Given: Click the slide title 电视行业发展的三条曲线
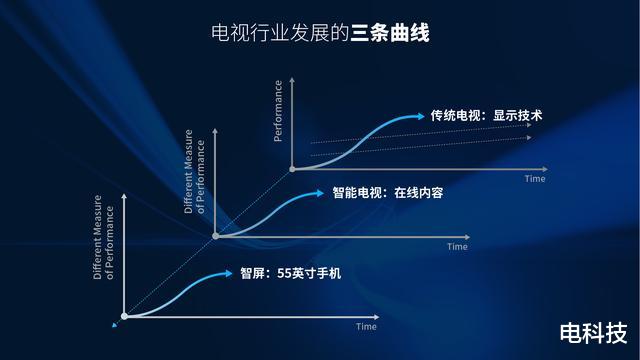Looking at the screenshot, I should pyautogui.click(x=320, y=33).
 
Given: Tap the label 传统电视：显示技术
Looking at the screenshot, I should pyautogui.click(x=486, y=116).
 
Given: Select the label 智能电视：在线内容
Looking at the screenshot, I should pyautogui.click(x=387, y=192).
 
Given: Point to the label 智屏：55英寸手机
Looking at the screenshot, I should pyautogui.click(x=290, y=272).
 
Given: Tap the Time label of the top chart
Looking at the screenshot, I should pyautogui.click(x=535, y=179).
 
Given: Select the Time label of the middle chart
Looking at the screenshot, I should pyautogui.click(x=457, y=246).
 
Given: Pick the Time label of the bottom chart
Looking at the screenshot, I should pyautogui.click(x=367, y=326).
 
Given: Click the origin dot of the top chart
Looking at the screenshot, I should pyautogui.click(x=292, y=169).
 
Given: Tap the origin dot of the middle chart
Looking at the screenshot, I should pyautogui.click(x=215, y=236).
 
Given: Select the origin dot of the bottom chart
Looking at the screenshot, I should pyautogui.click(x=124, y=316).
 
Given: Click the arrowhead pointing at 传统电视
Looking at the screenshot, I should pyautogui.click(x=420, y=116).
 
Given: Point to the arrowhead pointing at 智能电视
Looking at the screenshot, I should pyautogui.click(x=322, y=192).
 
